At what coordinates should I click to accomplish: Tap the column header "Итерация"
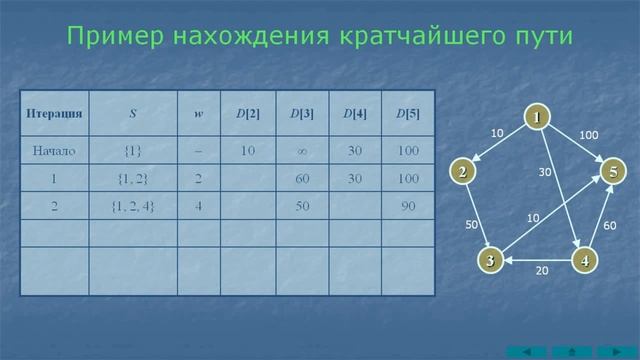[x=54, y=114]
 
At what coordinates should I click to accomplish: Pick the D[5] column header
[x=408, y=114]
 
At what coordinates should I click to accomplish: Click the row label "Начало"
[x=54, y=151]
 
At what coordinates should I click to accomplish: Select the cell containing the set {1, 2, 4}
[x=133, y=206]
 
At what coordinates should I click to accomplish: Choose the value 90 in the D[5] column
[x=408, y=206]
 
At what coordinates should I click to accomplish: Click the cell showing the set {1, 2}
[x=133, y=179]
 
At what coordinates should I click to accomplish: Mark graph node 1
[x=537, y=118]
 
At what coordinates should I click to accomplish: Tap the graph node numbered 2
[x=462, y=172]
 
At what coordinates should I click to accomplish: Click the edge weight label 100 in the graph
[x=589, y=135]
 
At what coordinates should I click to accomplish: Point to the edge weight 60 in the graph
[x=610, y=226]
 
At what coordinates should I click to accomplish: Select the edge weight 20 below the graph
[x=541, y=271]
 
